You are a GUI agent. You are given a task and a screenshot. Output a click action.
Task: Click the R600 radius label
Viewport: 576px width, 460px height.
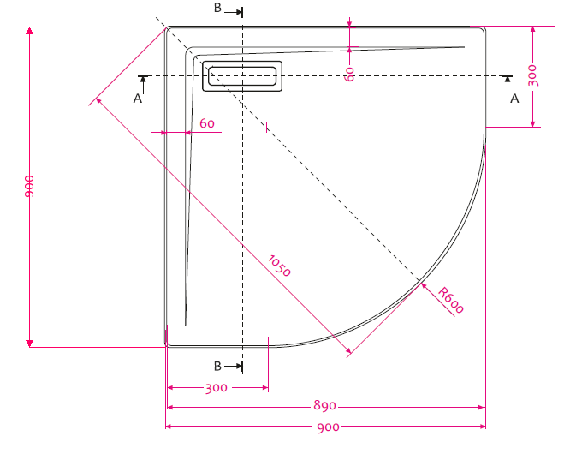point(451,300)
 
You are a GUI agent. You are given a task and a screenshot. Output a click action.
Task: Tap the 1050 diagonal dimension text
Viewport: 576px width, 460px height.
point(280,266)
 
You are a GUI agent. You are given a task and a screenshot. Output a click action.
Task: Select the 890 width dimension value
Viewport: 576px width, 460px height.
point(324,405)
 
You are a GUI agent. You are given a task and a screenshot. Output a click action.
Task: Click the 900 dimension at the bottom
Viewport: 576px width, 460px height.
point(328,427)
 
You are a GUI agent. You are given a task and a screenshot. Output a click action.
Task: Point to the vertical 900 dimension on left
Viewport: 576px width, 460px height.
point(29,187)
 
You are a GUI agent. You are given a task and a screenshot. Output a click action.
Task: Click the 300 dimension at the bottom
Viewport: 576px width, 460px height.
point(216,388)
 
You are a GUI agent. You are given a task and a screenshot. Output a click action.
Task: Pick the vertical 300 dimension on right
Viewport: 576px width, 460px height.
point(532,75)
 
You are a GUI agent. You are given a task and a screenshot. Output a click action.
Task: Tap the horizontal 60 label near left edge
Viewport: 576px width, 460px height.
point(207,123)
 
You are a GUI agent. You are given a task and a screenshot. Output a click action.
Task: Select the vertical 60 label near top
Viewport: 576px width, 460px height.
point(350,75)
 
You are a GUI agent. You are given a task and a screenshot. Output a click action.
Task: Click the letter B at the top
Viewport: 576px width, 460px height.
point(217,8)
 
